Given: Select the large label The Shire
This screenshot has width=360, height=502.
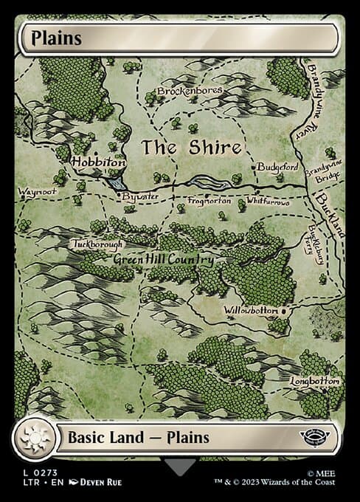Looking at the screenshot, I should (x=191, y=147).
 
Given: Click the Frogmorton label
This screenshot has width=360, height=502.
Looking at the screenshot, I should (x=210, y=201).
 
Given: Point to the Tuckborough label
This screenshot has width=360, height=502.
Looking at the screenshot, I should (x=97, y=243).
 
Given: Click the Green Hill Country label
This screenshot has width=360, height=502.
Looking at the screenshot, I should (x=163, y=260).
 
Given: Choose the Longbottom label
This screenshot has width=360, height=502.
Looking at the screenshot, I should (x=315, y=382).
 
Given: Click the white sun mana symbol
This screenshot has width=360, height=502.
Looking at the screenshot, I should (x=35, y=438).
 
